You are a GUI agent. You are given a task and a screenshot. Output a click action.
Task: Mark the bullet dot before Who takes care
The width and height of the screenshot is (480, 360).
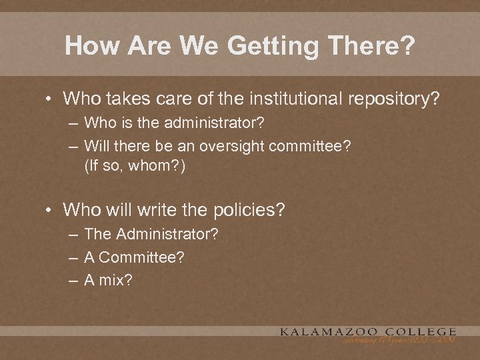49,99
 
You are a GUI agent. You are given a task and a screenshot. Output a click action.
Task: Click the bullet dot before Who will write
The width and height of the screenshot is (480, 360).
49,210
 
